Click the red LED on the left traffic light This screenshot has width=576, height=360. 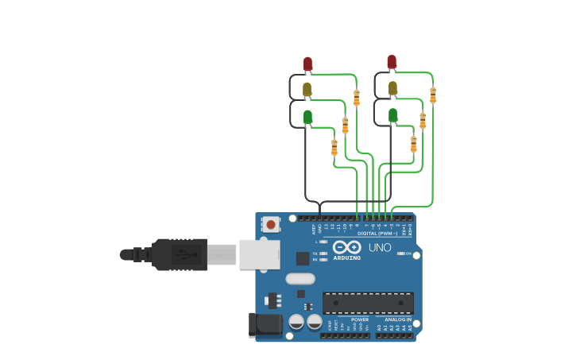[x=307, y=63]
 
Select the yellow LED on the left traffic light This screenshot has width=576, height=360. [x=307, y=89]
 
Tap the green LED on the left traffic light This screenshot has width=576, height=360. [x=307, y=116]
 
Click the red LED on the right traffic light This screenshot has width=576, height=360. [x=392, y=61]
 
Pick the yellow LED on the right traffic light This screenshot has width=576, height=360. [x=392, y=87]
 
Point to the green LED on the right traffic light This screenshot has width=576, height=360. [x=392, y=114]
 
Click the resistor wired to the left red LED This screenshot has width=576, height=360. [x=356, y=97]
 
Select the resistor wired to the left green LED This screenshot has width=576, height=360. [x=334, y=147]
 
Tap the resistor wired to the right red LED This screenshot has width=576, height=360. [x=433, y=95]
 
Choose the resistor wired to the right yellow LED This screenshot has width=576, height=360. [x=423, y=120]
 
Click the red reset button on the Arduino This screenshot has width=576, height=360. [x=271, y=224]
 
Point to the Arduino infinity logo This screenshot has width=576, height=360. [x=347, y=247]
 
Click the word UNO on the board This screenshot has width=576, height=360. [x=380, y=247]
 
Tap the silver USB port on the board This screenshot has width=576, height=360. [x=259, y=254]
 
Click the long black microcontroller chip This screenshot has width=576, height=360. [x=368, y=303]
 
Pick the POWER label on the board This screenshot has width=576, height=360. [x=360, y=319]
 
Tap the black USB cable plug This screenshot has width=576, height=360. [x=180, y=254]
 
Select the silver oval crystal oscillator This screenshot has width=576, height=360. [x=300, y=278]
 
